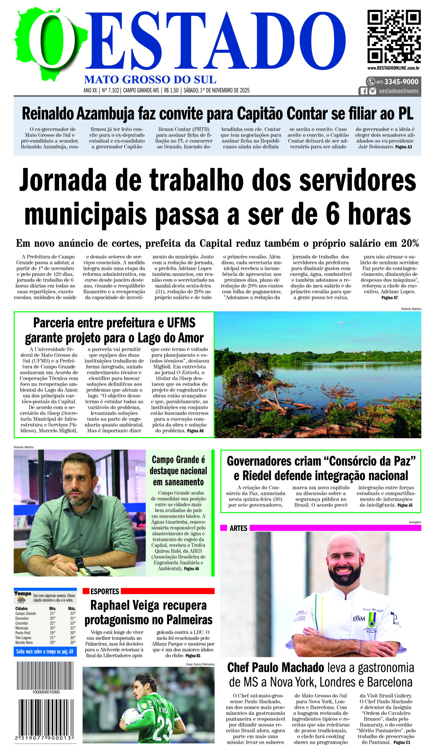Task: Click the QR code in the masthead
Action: pos(394,36)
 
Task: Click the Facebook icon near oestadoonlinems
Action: pos(364,91)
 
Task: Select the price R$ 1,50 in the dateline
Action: pos(171,90)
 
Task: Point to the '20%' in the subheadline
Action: pos(410,244)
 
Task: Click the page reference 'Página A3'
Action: pos(403,147)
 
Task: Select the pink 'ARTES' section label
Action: pos(238,528)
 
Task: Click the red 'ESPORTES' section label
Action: pos(105,592)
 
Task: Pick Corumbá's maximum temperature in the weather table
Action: pos(73,623)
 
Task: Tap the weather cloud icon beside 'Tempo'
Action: pos(21,600)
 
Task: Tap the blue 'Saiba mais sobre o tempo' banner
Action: pos(45,651)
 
